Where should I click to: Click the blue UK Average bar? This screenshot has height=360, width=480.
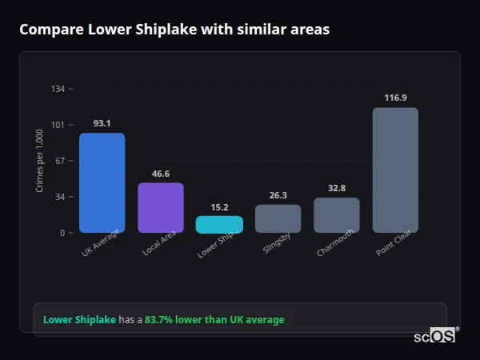tap(102, 183)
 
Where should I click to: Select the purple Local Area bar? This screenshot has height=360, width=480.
tap(161, 208)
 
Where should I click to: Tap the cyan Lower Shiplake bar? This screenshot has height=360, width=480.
tap(219, 225)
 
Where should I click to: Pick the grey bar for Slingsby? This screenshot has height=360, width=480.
tap(278, 218)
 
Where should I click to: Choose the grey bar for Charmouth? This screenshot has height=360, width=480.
tap(337, 215)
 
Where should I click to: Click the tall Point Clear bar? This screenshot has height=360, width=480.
tap(395, 170)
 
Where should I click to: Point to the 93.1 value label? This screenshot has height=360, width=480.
tap(102, 123)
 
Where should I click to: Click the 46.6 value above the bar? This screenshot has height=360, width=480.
tap(161, 174)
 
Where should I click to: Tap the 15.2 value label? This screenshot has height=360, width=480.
tap(219, 207)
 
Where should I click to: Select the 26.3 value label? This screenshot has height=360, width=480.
tap(278, 195)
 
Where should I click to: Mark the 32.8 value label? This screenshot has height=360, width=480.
tap(337, 188)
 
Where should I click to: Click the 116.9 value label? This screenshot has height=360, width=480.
tap(395, 98)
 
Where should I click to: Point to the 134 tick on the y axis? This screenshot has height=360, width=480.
tap(58, 89)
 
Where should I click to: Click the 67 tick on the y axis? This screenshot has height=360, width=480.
tap(60, 161)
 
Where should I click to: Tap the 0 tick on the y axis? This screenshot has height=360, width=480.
tap(62, 233)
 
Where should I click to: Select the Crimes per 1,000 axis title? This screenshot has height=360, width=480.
tap(40, 161)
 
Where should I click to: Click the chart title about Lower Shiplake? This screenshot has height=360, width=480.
tap(174, 30)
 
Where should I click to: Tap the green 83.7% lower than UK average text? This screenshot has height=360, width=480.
tap(214, 320)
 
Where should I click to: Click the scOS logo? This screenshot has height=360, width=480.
tap(435, 336)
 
